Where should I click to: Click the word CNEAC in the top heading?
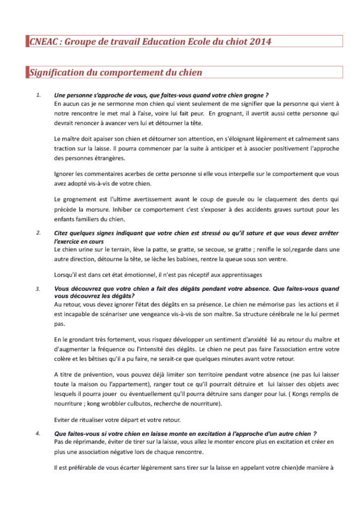point(43,41)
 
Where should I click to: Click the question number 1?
point(38,94)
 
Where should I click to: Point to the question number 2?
point(38,232)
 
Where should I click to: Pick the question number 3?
point(38,288)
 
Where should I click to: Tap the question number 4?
point(38,433)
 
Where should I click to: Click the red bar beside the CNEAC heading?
point(27,41)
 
